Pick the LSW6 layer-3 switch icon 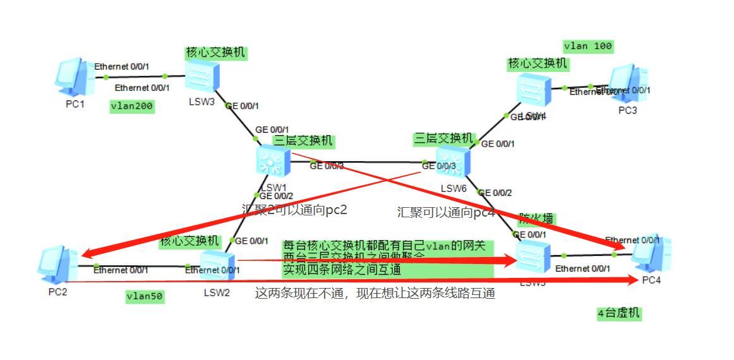[x=454, y=162]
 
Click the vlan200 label [x=132, y=106]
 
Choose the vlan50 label [x=145, y=296]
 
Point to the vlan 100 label [x=588, y=46]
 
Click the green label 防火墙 [x=536, y=219]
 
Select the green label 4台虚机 [x=618, y=313]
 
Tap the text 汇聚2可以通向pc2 [x=294, y=209]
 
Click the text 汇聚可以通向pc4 [x=445, y=212]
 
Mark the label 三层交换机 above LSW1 [x=303, y=141]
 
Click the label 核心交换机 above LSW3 [x=215, y=52]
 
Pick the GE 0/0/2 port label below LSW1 [x=277, y=196]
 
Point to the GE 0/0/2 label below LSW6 [x=495, y=193]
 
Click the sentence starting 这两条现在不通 [x=375, y=293]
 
